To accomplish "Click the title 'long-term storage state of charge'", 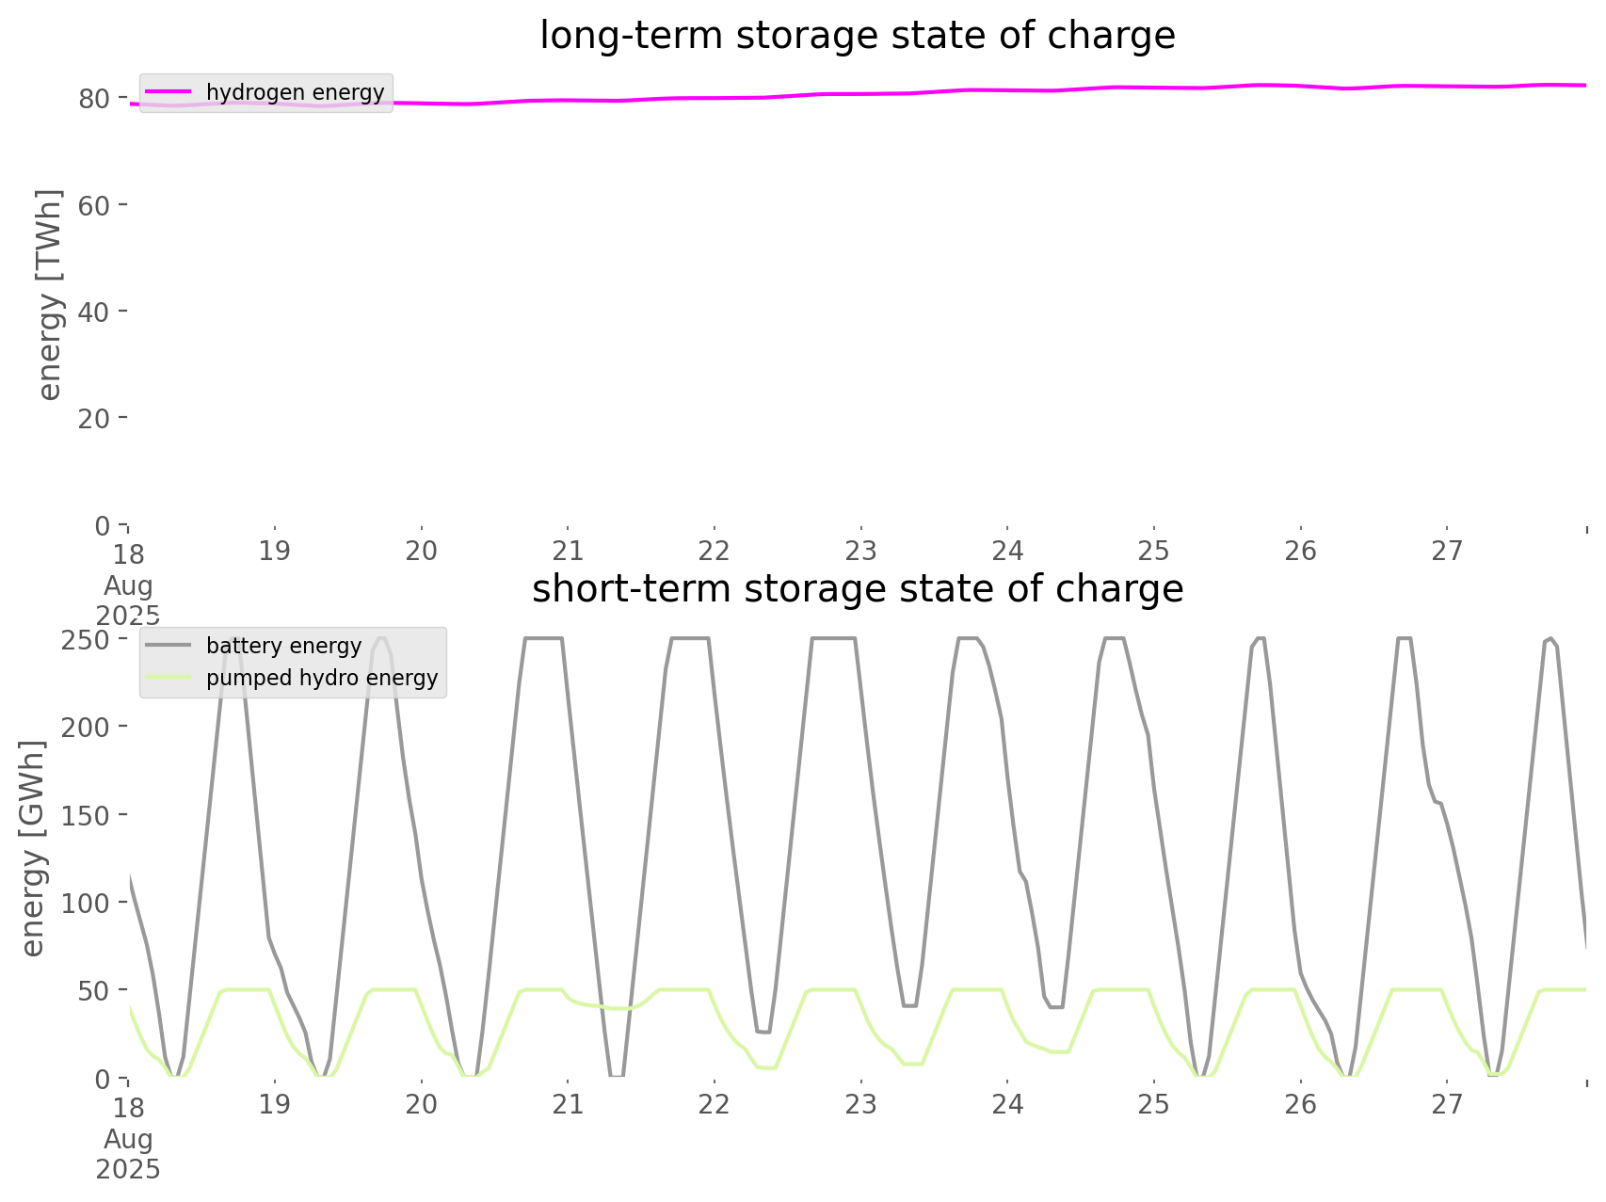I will point(857,36).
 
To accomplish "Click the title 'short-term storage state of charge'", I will point(857,589).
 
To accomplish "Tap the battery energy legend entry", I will point(283,646).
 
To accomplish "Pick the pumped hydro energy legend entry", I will point(321,678).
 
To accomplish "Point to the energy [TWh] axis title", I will point(49,295).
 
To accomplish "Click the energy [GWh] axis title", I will point(33,848).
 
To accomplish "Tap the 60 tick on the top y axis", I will point(94,205).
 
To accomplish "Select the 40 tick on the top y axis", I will point(94,312).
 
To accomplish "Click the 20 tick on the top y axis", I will point(94,418).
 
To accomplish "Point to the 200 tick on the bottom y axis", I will point(86,727).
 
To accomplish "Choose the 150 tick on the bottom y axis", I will point(86,815).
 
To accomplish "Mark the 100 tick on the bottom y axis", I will point(86,903).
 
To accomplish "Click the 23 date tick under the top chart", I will point(860,551).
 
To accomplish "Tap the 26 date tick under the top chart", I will point(1300,551).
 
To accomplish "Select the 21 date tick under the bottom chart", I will point(568,1104).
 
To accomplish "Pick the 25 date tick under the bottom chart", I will point(1153,1104).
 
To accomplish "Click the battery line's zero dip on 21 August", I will point(617,1075).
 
